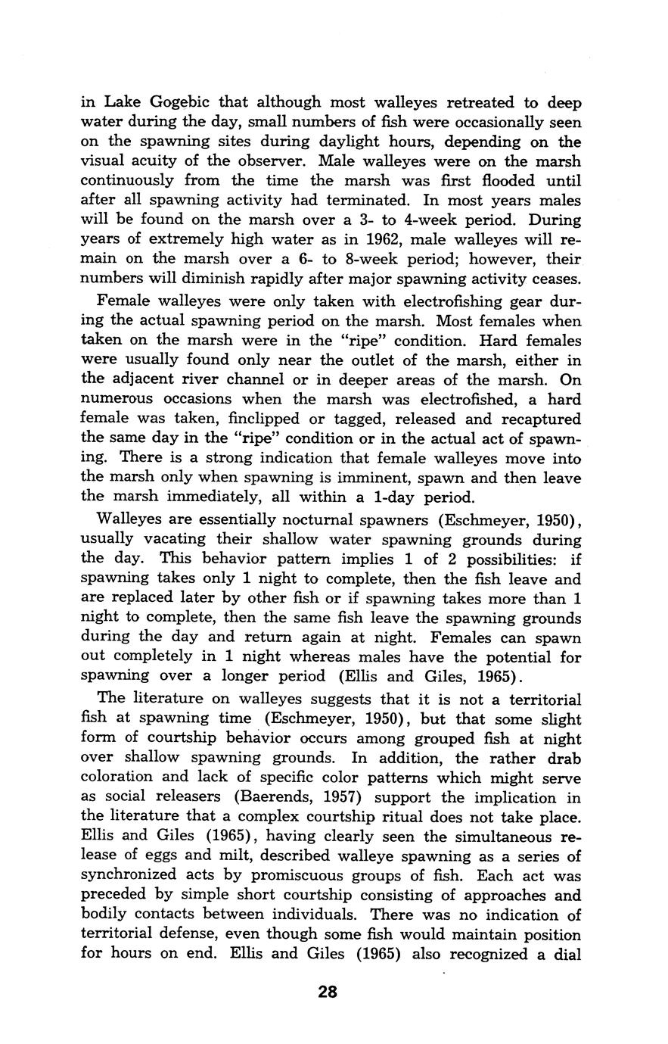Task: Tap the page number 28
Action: pyautogui.click(x=328, y=991)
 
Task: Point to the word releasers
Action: pyautogui.click(x=180, y=796)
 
